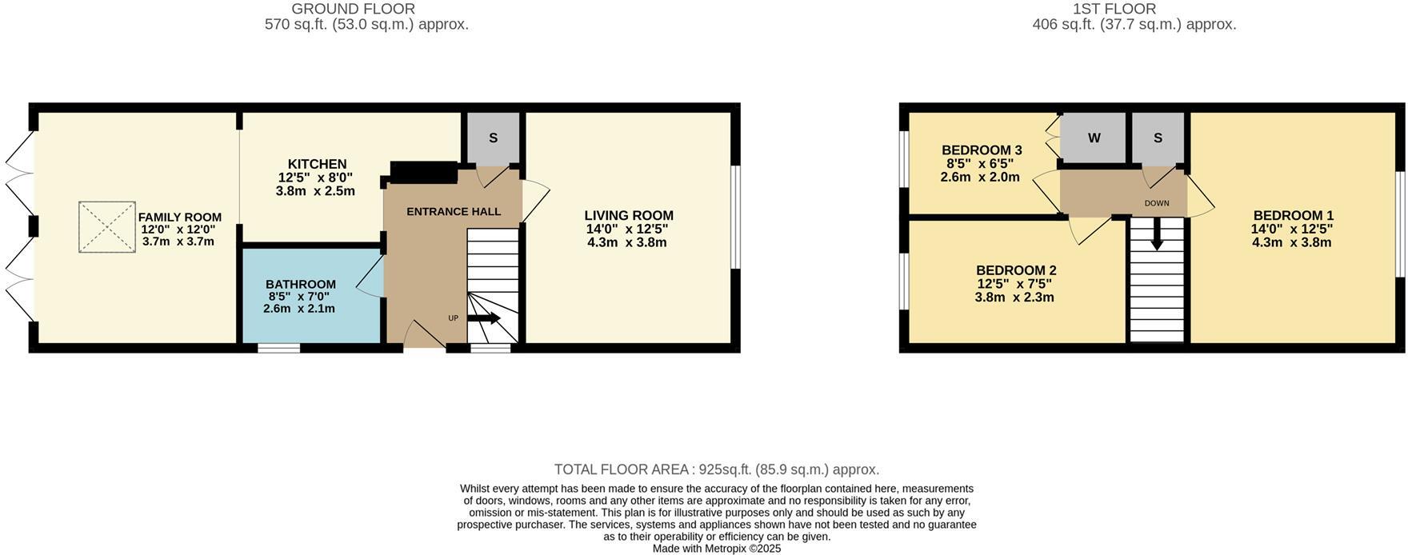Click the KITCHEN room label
pyautogui.click(x=317, y=165)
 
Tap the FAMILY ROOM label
pyautogui.click(x=179, y=218)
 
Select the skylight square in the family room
pyautogui.click(x=106, y=227)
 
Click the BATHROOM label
pyautogui.click(x=300, y=285)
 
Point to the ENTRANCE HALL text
pyautogui.click(x=454, y=212)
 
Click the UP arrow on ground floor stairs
pyautogui.click(x=483, y=318)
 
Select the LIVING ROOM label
pyautogui.click(x=628, y=216)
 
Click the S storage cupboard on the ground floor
pyautogui.click(x=493, y=138)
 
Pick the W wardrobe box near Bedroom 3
pyautogui.click(x=1094, y=138)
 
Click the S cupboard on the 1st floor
pyautogui.click(x=1158, y=138)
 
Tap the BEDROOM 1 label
pyautogui.click(x=1293, y=216)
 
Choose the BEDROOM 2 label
pyautogui.click(x=1015, y=271)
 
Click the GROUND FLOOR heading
pyautogui.click(x=353, y=9)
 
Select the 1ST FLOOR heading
pyautogui.click(x=1126, y=9)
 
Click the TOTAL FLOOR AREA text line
pyautogui.click(x=716, y=469)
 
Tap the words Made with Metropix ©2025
pyautogui.click(x=716, y=549)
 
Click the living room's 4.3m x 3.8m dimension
pyautogui.click(x=626, y=242)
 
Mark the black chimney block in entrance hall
pyautogui.click(x=423, y=172)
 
